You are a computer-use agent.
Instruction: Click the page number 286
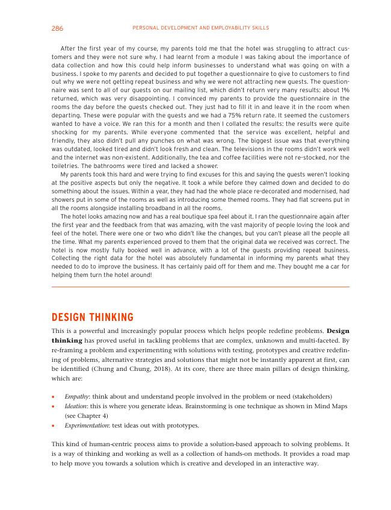coord(57,28)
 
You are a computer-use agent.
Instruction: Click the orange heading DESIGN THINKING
coord(93,318)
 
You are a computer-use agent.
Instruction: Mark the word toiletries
coord(68,166)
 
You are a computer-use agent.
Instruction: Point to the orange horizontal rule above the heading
coord(200,287)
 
